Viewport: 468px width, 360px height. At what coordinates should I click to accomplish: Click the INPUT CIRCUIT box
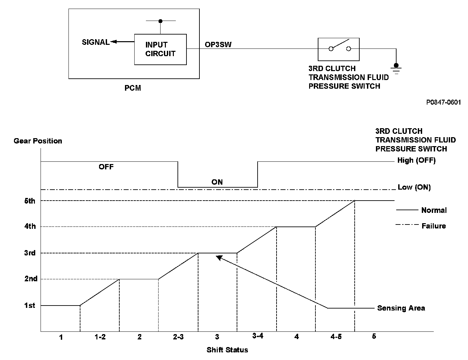point(160,49)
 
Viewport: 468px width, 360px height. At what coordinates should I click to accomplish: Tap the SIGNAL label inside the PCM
point(96,42)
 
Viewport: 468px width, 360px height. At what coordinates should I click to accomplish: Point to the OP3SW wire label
point(218,44)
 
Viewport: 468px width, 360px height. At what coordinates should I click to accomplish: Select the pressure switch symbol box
point(338,49)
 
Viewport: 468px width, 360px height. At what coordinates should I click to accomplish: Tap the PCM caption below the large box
point(133,88)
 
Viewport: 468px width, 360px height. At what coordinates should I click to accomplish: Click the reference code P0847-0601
point(443,102)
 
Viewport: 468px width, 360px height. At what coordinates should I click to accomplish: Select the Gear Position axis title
point(38,141)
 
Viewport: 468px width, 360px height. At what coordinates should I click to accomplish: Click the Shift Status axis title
point(227,350)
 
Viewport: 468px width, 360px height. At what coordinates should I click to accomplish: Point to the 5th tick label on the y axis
point(30,201)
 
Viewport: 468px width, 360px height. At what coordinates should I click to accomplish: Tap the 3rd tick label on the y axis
point(30,253)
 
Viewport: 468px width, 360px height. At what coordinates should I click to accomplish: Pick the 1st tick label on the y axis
point(30,305)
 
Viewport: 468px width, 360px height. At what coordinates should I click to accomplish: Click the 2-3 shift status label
point(178,337)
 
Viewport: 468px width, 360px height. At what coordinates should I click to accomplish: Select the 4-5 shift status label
point(336,337)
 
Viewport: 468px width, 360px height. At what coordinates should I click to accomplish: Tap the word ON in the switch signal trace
point(217,182)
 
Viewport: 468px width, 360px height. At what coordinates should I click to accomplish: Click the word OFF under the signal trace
point(106,167)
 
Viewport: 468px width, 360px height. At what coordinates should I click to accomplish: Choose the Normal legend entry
point(434,210)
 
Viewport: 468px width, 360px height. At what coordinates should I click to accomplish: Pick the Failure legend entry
point(433,226)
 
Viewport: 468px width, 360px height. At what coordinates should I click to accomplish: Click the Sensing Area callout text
point(401,308)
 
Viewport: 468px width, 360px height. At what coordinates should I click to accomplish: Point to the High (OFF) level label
point(416,160)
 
